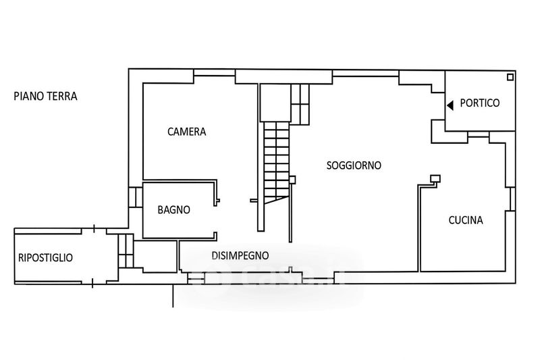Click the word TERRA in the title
(62, 97)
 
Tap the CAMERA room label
(186, 132)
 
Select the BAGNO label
(173, 210)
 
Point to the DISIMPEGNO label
(240, 255)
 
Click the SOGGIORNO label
(354, 165)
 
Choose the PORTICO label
(479, 103)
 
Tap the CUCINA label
(466, 220)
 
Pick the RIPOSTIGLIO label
(45, 257)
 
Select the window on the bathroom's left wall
(136, 197)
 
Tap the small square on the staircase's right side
(292, 179)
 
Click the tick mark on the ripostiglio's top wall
(94, 229)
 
